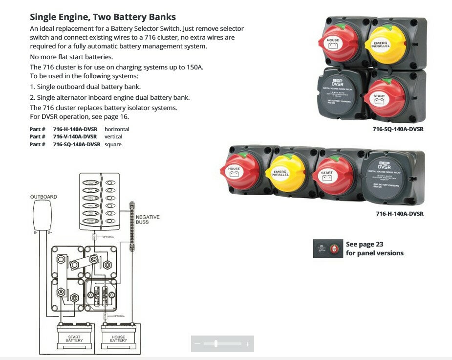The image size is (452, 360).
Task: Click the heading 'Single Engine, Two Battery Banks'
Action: click(x=103, y=18)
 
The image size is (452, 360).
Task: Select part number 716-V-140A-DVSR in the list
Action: click(x=75, y=136)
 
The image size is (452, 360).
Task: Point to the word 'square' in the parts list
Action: click(x=113, y=144)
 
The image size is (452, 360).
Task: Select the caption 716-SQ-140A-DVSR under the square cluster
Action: click(x=397, y=129)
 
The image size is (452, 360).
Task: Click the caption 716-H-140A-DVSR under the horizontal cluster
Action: click(x=399, y=214)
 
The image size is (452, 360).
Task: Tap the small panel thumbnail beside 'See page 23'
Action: click(x=327, y=248)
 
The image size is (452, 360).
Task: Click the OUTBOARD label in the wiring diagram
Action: click(x=43, y=197)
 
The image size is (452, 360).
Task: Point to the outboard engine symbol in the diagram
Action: click(x=42, y=216)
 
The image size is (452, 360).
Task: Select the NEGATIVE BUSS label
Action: click(x=148, y=219)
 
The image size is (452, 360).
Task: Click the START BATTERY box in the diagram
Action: click(x=74, y=337)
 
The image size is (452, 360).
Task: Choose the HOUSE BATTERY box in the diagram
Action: click(x=118, y=337)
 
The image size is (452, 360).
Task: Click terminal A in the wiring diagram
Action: click(x=62, y=292)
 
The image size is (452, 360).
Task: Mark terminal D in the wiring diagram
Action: click(x=108, y=265)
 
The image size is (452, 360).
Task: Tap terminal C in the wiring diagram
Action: click(x=94, y=258)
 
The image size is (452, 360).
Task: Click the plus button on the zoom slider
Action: click(x=247, y=344)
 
